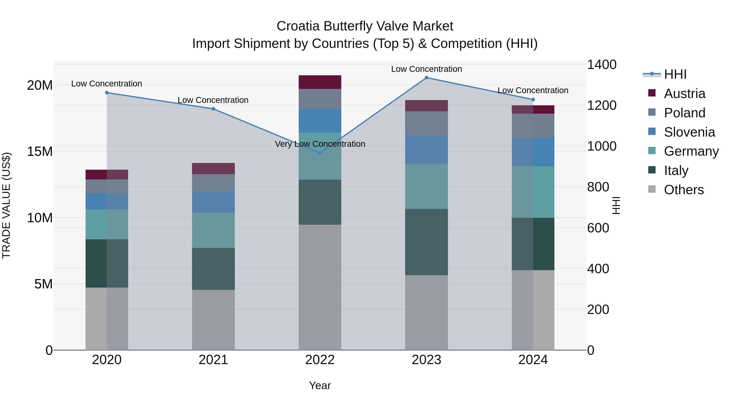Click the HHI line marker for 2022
tap(320, 153)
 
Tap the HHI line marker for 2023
tap(426, 78)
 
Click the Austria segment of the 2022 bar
tap(320, 82)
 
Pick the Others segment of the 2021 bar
tap(213, 320)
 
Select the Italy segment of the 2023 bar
tap(426, 242)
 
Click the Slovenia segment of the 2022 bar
tap(320, 121)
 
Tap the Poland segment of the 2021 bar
tap(213, 183)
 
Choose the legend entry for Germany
tap(691, 151)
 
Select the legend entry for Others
tap(684, 190)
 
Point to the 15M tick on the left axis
tap(40, 151)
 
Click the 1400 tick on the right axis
tap(601, 65)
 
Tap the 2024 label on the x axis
tap(533, 360)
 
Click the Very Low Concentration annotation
tap(320, 144)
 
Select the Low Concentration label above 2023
tap(426, 69)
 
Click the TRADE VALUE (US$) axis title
tap(6, 205)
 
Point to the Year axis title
tap(320, 385)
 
